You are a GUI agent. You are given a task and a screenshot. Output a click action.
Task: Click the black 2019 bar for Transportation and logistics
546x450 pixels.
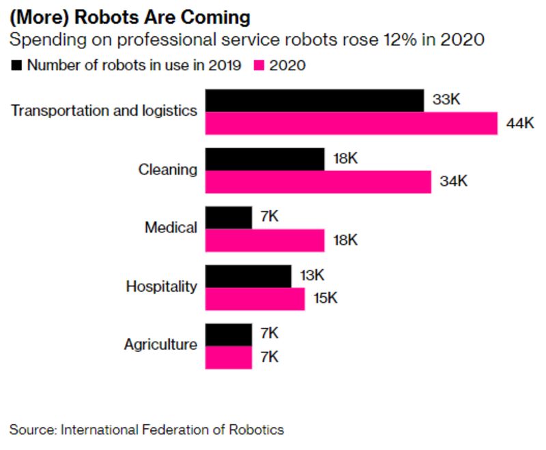click(315, 100)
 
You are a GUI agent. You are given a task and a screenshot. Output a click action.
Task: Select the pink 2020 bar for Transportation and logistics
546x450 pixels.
click(351, 123)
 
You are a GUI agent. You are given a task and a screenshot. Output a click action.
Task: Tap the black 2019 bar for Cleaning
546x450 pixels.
click(265, 159)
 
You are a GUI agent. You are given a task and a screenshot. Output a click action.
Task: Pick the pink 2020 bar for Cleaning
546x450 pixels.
click(318, 182)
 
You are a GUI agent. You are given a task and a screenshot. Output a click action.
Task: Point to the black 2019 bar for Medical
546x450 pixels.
click(229, 217)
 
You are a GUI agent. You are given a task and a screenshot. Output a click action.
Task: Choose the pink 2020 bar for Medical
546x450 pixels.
click(265, 241)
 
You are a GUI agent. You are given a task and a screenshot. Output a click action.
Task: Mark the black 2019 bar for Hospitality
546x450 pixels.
click(248, 276)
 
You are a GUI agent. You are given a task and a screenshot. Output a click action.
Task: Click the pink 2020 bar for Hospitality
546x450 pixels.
click(255, 299)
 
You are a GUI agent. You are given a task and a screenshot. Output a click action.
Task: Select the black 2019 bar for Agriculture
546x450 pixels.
click(229, 334)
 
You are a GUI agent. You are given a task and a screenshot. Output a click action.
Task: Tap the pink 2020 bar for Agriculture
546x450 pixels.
click(229, 357)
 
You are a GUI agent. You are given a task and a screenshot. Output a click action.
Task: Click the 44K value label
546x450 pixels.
click(519, 123)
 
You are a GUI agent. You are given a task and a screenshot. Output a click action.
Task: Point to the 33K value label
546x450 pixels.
click(446, 100)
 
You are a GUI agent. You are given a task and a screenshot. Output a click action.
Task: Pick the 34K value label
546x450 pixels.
click(453, 182)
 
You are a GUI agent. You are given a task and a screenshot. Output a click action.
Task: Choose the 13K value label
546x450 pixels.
click(313, 276)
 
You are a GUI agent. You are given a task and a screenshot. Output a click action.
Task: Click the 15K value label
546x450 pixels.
click(326, 299)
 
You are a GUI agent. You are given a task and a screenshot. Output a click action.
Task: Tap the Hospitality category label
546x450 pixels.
click(161, 287)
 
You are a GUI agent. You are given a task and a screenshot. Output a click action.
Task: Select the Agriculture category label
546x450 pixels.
click(160, 345)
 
